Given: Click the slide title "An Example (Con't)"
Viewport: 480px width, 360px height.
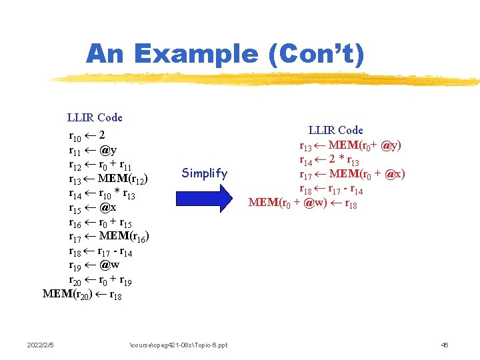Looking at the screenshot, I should [x=225, y=55].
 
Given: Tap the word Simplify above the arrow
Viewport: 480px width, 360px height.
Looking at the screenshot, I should [x=205, y=173].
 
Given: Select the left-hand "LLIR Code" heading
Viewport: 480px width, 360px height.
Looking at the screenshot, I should [x=95, y=117].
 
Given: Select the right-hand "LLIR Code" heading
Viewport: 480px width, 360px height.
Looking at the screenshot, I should [x=335, y=130].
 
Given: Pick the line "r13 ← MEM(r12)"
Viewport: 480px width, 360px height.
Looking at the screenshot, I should [x=108, y=179].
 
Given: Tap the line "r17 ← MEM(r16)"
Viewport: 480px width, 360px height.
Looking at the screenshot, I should [x=108, y=237].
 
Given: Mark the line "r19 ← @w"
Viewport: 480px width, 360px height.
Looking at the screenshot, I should [x=94, y=266].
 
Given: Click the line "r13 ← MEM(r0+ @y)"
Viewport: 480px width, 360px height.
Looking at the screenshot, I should [x=350, y=145].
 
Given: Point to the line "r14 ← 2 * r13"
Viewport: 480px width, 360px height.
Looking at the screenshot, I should [x=330, y=160].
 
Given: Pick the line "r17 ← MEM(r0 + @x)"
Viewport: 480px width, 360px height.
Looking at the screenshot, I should [x=352, y=175].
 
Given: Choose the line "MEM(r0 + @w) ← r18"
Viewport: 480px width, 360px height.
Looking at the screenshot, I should [x=303, y=203].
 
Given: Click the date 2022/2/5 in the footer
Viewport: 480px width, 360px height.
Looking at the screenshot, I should [x=41, y=345].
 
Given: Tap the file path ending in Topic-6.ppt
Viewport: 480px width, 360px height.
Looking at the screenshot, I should [x=177, y=345].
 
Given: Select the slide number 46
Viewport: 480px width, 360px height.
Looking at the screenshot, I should [x=445, y=345].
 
